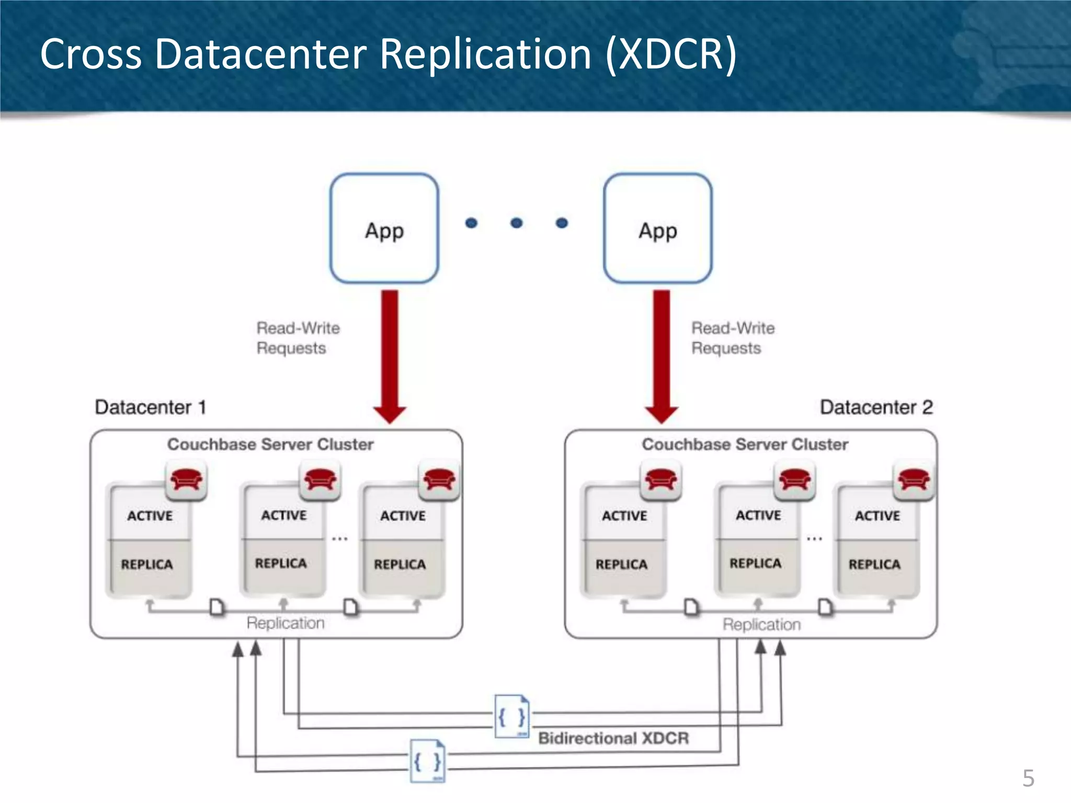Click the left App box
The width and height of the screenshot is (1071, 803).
(x=384, y=228)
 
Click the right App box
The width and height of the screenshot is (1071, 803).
(x=657, y=228)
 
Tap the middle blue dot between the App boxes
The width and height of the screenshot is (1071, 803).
(x=516, y=223)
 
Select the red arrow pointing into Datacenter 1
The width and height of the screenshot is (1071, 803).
(x=390, y=355)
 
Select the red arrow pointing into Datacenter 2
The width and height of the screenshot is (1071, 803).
(x=662, y=355)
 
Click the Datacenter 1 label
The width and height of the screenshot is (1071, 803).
(x=151, y=407)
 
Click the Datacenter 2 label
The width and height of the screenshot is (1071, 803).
(x=876, y=407)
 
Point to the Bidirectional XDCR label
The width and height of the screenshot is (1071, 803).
(x=613, y=738)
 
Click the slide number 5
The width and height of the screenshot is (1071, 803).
(x=1028, y=778)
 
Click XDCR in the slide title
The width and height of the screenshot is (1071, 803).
(x=670, y=54)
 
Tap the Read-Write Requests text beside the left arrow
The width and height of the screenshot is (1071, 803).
(x=298, y=338)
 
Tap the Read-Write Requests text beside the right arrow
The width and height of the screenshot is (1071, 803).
(x=733, y=338)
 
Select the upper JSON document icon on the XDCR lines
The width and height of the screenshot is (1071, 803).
(x=511, y=716)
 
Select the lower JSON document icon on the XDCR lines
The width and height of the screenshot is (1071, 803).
(x=427, y=761)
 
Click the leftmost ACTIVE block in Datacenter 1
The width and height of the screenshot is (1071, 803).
(x=150, y=515)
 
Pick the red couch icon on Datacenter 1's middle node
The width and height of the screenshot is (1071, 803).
(x=320, y=479)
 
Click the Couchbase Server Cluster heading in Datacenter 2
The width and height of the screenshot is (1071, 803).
(x=745, y=444)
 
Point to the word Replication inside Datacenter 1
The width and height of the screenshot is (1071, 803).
(x=286, y=623)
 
